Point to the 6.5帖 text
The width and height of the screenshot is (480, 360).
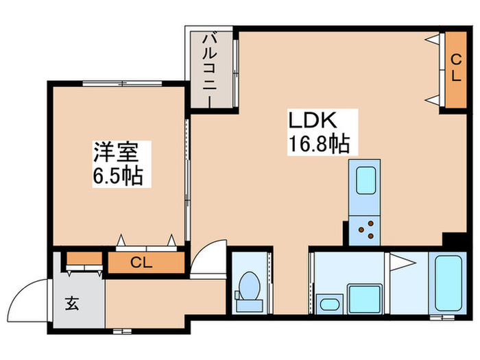117,176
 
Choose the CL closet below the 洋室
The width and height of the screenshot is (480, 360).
146,263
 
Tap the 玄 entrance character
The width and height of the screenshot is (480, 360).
73,302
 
